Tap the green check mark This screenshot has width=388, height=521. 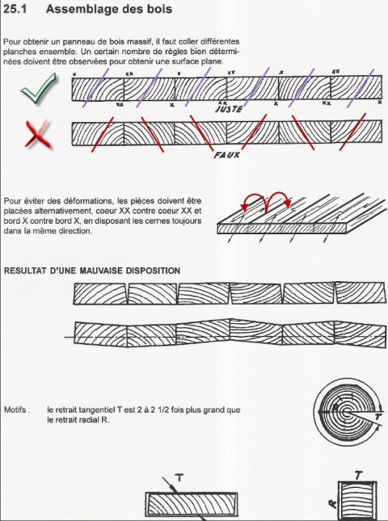click(x=38, y=88)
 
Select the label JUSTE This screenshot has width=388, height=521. click(x=230, y=109)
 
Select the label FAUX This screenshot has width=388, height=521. click(x=227, y=155)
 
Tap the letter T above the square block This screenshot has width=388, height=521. click(x=357, y=476)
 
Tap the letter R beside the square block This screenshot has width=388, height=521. click(x=332, y=504)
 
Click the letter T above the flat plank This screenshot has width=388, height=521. click(x=179, y=478)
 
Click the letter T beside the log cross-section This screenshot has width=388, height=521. click(x=378, y=417)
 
